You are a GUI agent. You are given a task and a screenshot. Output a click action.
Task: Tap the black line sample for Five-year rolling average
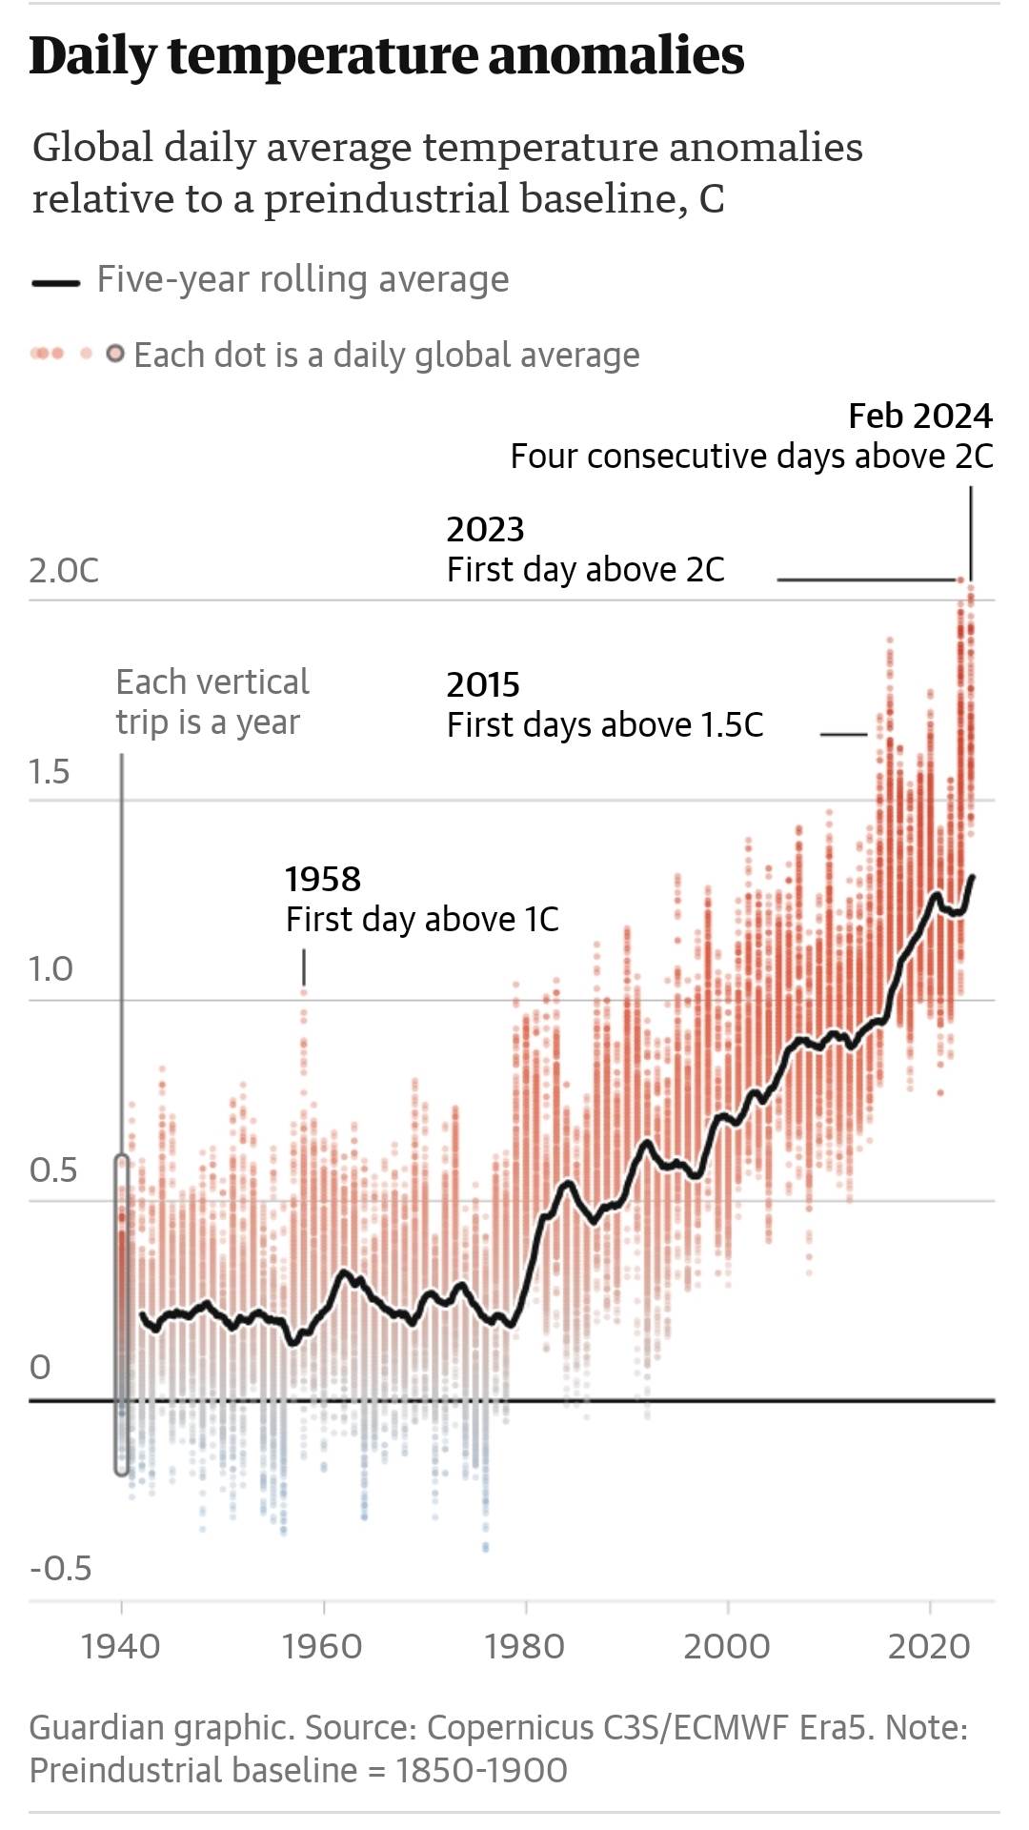(x=55, y=282)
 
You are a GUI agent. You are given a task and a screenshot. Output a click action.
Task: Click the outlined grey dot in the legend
(x=115, y=355)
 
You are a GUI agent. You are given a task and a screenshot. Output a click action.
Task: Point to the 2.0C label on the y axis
(x=64, y=571)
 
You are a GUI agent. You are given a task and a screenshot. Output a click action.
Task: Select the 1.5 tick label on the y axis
(x=50, y=772)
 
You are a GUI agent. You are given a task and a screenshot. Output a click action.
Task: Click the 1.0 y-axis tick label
(x=50, y=969)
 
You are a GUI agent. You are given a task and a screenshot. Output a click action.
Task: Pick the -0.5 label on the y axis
(x=60, y=1568)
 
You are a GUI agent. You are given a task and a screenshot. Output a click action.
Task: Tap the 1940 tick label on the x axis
(x=121, y=1647)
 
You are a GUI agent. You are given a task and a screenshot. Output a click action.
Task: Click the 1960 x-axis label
(x=323, y=1647)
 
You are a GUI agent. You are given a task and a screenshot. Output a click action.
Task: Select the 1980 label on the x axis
(x=525, y=1647)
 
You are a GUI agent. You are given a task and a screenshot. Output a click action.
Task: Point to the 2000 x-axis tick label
(x=727, y=1647)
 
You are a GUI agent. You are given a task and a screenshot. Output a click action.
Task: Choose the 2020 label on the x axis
(x=929, y=1647)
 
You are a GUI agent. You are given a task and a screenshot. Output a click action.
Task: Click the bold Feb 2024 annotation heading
(x=920, y=417)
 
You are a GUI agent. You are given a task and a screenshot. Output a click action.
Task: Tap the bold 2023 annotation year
(x=485, y=530)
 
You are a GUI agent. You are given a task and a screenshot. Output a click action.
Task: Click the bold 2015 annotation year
(x=483, y=685)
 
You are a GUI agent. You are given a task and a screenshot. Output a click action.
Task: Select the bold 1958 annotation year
(x=323, y=880)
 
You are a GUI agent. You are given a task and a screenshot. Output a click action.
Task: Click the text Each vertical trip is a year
(x=212, y=702)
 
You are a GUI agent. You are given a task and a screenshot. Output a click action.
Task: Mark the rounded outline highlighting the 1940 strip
(x=122, y=1315)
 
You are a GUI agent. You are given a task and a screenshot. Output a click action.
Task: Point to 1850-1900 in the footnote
(x=481, y=1770)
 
